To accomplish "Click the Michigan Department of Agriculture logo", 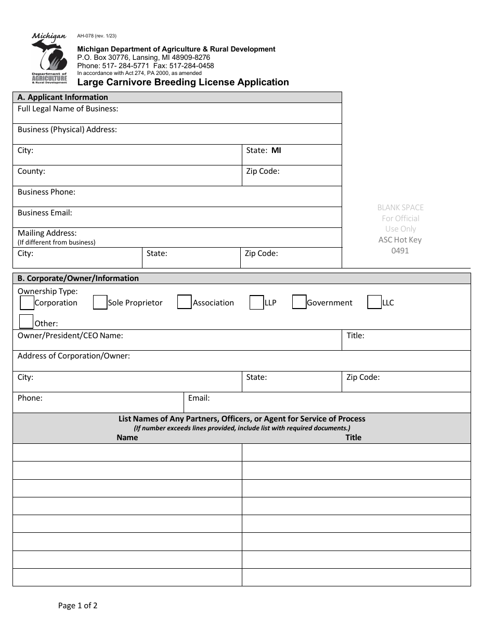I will (x=49, y=58).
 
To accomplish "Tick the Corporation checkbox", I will (x=27, y=303).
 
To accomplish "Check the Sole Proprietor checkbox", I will (x=100, y=302).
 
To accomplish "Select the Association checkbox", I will (x=185, y=302).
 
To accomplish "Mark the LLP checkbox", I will (x=256, y=302).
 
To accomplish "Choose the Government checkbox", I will (x=299, y=302).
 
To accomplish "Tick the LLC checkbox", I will (x=374, y=302).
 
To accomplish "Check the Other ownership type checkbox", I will (x=27, y=322).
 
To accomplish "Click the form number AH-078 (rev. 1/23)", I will (x=97, y=36).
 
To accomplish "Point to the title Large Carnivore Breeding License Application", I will (x=183, y=82).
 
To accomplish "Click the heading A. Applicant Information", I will (x=63, y=97).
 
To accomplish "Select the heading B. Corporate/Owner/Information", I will (x=78, y=278).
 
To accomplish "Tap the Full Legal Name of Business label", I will (x=68, y=109).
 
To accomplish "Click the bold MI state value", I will (x=276, y=150).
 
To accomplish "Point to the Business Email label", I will (x=45, y=213).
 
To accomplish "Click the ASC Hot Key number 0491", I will (x=400, y=251).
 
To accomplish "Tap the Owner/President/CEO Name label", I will (x=70, y=336).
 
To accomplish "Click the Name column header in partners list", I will (x=127, y=438).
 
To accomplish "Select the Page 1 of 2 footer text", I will (x=78, y=605).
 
